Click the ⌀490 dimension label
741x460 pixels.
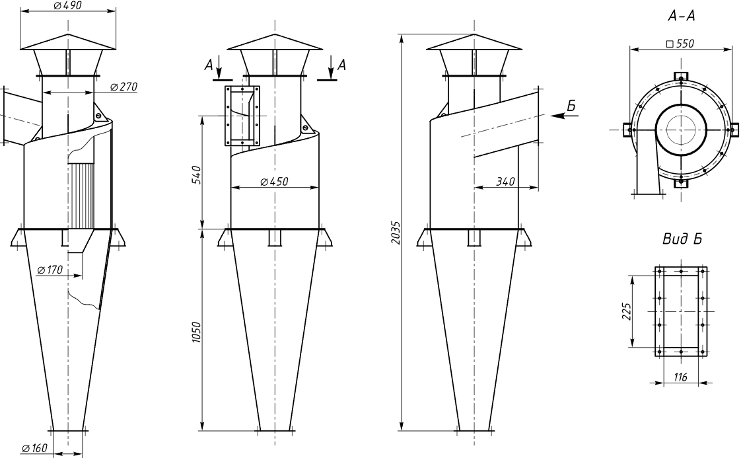(68, 6)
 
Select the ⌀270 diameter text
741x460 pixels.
(123, 87)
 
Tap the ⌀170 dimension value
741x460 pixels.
(50, 270)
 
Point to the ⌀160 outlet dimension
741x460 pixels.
(34, 447)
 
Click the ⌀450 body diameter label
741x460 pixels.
(274, 182)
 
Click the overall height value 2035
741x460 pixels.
(396, 233)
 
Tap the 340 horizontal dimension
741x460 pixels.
(505, 182)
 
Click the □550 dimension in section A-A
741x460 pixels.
(680, 44)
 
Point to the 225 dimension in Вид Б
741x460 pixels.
(627, 311)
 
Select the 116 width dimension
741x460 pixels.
(680, 377)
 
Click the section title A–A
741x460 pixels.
(682, 17)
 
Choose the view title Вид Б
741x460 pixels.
(682, 239)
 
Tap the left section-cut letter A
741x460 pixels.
(209, 65)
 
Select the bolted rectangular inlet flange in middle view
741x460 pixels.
(242, 116)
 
